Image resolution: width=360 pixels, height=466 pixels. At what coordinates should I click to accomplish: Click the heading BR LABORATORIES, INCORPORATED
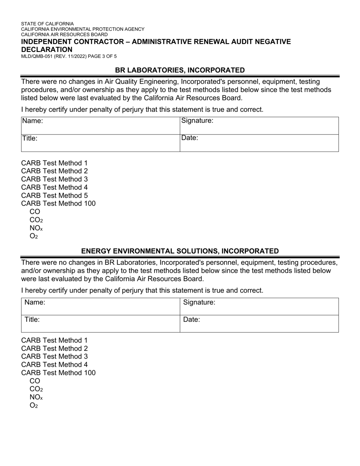[180, 70]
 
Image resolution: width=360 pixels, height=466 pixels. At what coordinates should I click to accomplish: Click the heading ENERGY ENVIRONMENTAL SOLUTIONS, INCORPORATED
[180, 251]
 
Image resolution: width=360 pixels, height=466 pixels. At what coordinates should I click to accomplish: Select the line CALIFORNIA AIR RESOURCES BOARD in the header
[64, 34]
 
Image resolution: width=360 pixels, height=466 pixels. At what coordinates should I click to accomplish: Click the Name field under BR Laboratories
[100, 125]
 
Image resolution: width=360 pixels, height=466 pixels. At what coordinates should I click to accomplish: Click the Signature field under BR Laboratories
[259, 125]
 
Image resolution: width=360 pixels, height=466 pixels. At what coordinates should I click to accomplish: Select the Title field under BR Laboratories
[100, 143]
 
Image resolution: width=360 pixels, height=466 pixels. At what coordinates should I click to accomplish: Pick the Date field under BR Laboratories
[259, 143]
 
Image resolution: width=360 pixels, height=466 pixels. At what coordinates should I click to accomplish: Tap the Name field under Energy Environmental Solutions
[100, 306]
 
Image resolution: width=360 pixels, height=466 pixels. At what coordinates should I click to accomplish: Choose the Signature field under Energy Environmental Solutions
[259, 306]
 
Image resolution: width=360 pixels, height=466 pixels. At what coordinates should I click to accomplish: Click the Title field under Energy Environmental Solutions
[100, 324]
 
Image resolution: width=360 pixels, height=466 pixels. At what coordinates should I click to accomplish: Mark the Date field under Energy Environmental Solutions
[259, 324]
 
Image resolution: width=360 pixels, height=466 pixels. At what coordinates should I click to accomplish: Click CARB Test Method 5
[54, 195]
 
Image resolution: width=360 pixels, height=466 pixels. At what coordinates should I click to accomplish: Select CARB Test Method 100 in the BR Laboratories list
[58, 204]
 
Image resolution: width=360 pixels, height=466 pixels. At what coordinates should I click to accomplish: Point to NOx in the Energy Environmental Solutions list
[36, 397]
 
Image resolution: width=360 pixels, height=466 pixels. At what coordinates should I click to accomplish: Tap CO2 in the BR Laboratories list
[36, 220]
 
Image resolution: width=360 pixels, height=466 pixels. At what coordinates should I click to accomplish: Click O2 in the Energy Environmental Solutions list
[34, 406]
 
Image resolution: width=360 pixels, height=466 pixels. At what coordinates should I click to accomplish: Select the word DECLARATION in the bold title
[47, 50]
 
